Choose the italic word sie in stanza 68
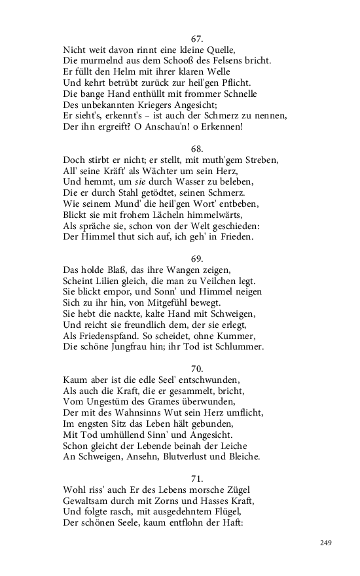point(149,181)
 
